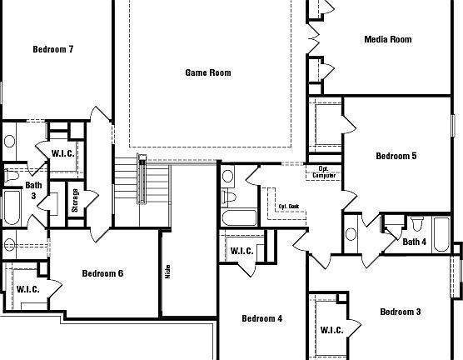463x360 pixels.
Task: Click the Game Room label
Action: (207, 72)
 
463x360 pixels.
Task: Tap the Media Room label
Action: (387, 39)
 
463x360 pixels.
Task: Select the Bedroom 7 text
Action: (53, 49)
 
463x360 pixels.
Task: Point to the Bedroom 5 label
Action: (396, 156)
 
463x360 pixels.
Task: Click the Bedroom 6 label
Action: (102, 273)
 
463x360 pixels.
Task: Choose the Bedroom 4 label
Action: (261, 318)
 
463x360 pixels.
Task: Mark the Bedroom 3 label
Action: (400, 312)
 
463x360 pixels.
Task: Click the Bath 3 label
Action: (33, 190)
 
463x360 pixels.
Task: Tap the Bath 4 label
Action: (414, 242)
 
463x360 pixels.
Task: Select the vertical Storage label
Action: (75, 202)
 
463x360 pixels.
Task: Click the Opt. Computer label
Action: (325, 172)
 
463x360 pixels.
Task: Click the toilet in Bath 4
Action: (417, 224)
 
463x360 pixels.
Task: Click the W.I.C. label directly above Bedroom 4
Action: (241, 251)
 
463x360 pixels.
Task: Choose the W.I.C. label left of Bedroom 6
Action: (28, 289)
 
